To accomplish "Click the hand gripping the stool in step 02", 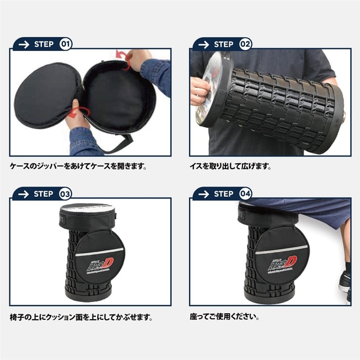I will [199, 89].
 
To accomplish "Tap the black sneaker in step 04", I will [344, 278].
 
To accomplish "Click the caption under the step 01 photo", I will [79, 166].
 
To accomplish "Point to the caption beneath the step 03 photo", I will [82, 317].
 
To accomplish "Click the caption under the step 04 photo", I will [230, 317].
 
